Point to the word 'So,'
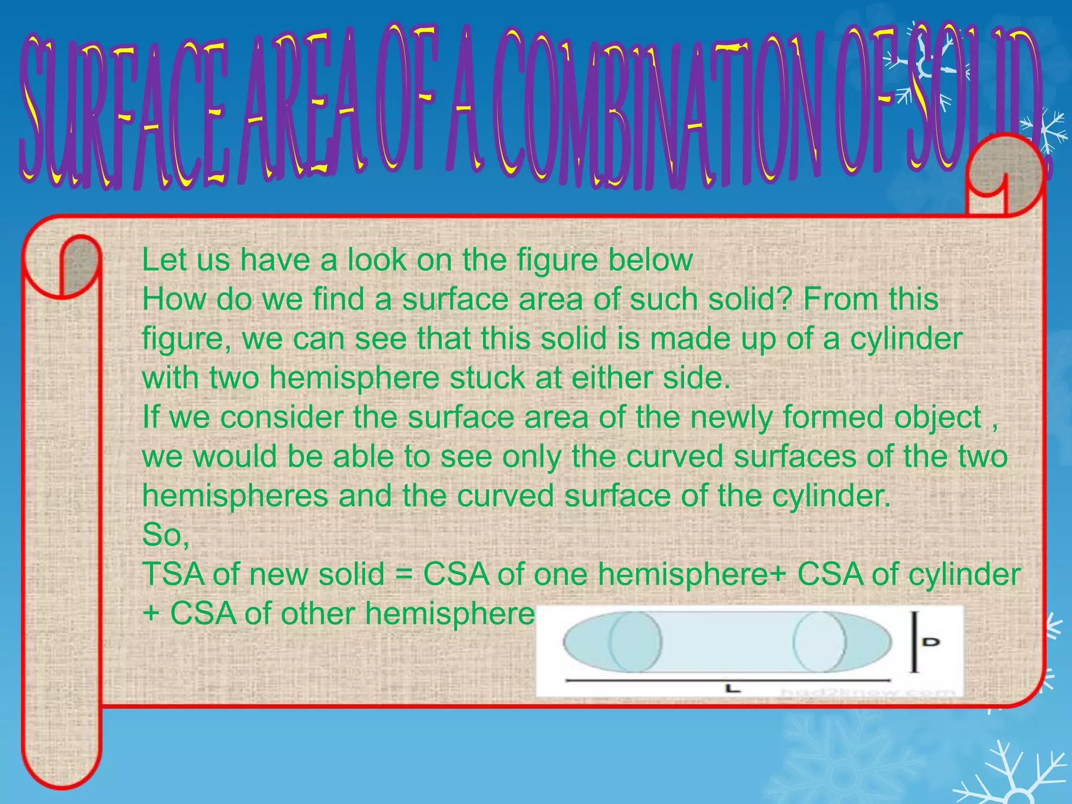pos(165,535)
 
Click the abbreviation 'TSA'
pos(173,574)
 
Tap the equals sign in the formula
pos(404,575)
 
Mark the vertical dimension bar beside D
pos(914,642)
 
